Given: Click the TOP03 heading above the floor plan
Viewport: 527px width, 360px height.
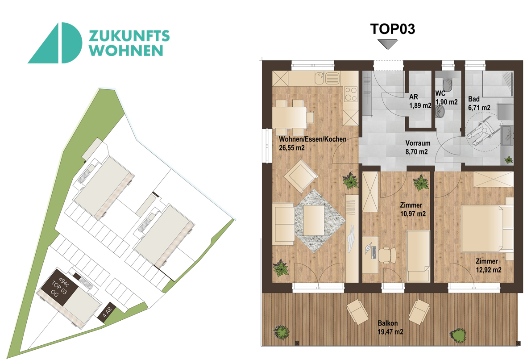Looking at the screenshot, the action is (393, 29).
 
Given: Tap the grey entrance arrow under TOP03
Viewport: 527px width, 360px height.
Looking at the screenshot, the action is (388, 44).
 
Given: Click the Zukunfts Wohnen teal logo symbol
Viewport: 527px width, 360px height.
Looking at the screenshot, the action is (55, 43).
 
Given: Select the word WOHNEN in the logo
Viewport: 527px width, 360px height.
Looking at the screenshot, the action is (127, 50).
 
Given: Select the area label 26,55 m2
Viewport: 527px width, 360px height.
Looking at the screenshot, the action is (292, 147).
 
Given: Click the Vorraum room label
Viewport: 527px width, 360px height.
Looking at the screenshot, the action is (418, 143).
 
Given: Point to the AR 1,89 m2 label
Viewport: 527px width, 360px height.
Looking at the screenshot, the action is (420, 101).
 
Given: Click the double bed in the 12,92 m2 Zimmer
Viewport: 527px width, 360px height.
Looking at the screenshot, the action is (487, 228).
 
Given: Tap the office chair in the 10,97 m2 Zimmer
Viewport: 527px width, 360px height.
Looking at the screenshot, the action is (387, 254).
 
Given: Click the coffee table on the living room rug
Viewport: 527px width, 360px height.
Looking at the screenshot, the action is (314, 220).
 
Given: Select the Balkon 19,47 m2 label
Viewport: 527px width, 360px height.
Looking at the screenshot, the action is (390, 327).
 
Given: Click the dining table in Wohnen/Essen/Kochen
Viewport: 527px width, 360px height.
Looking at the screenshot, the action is (289, 117).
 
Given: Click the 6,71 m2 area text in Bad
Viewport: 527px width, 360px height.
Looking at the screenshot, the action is (479, 108).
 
